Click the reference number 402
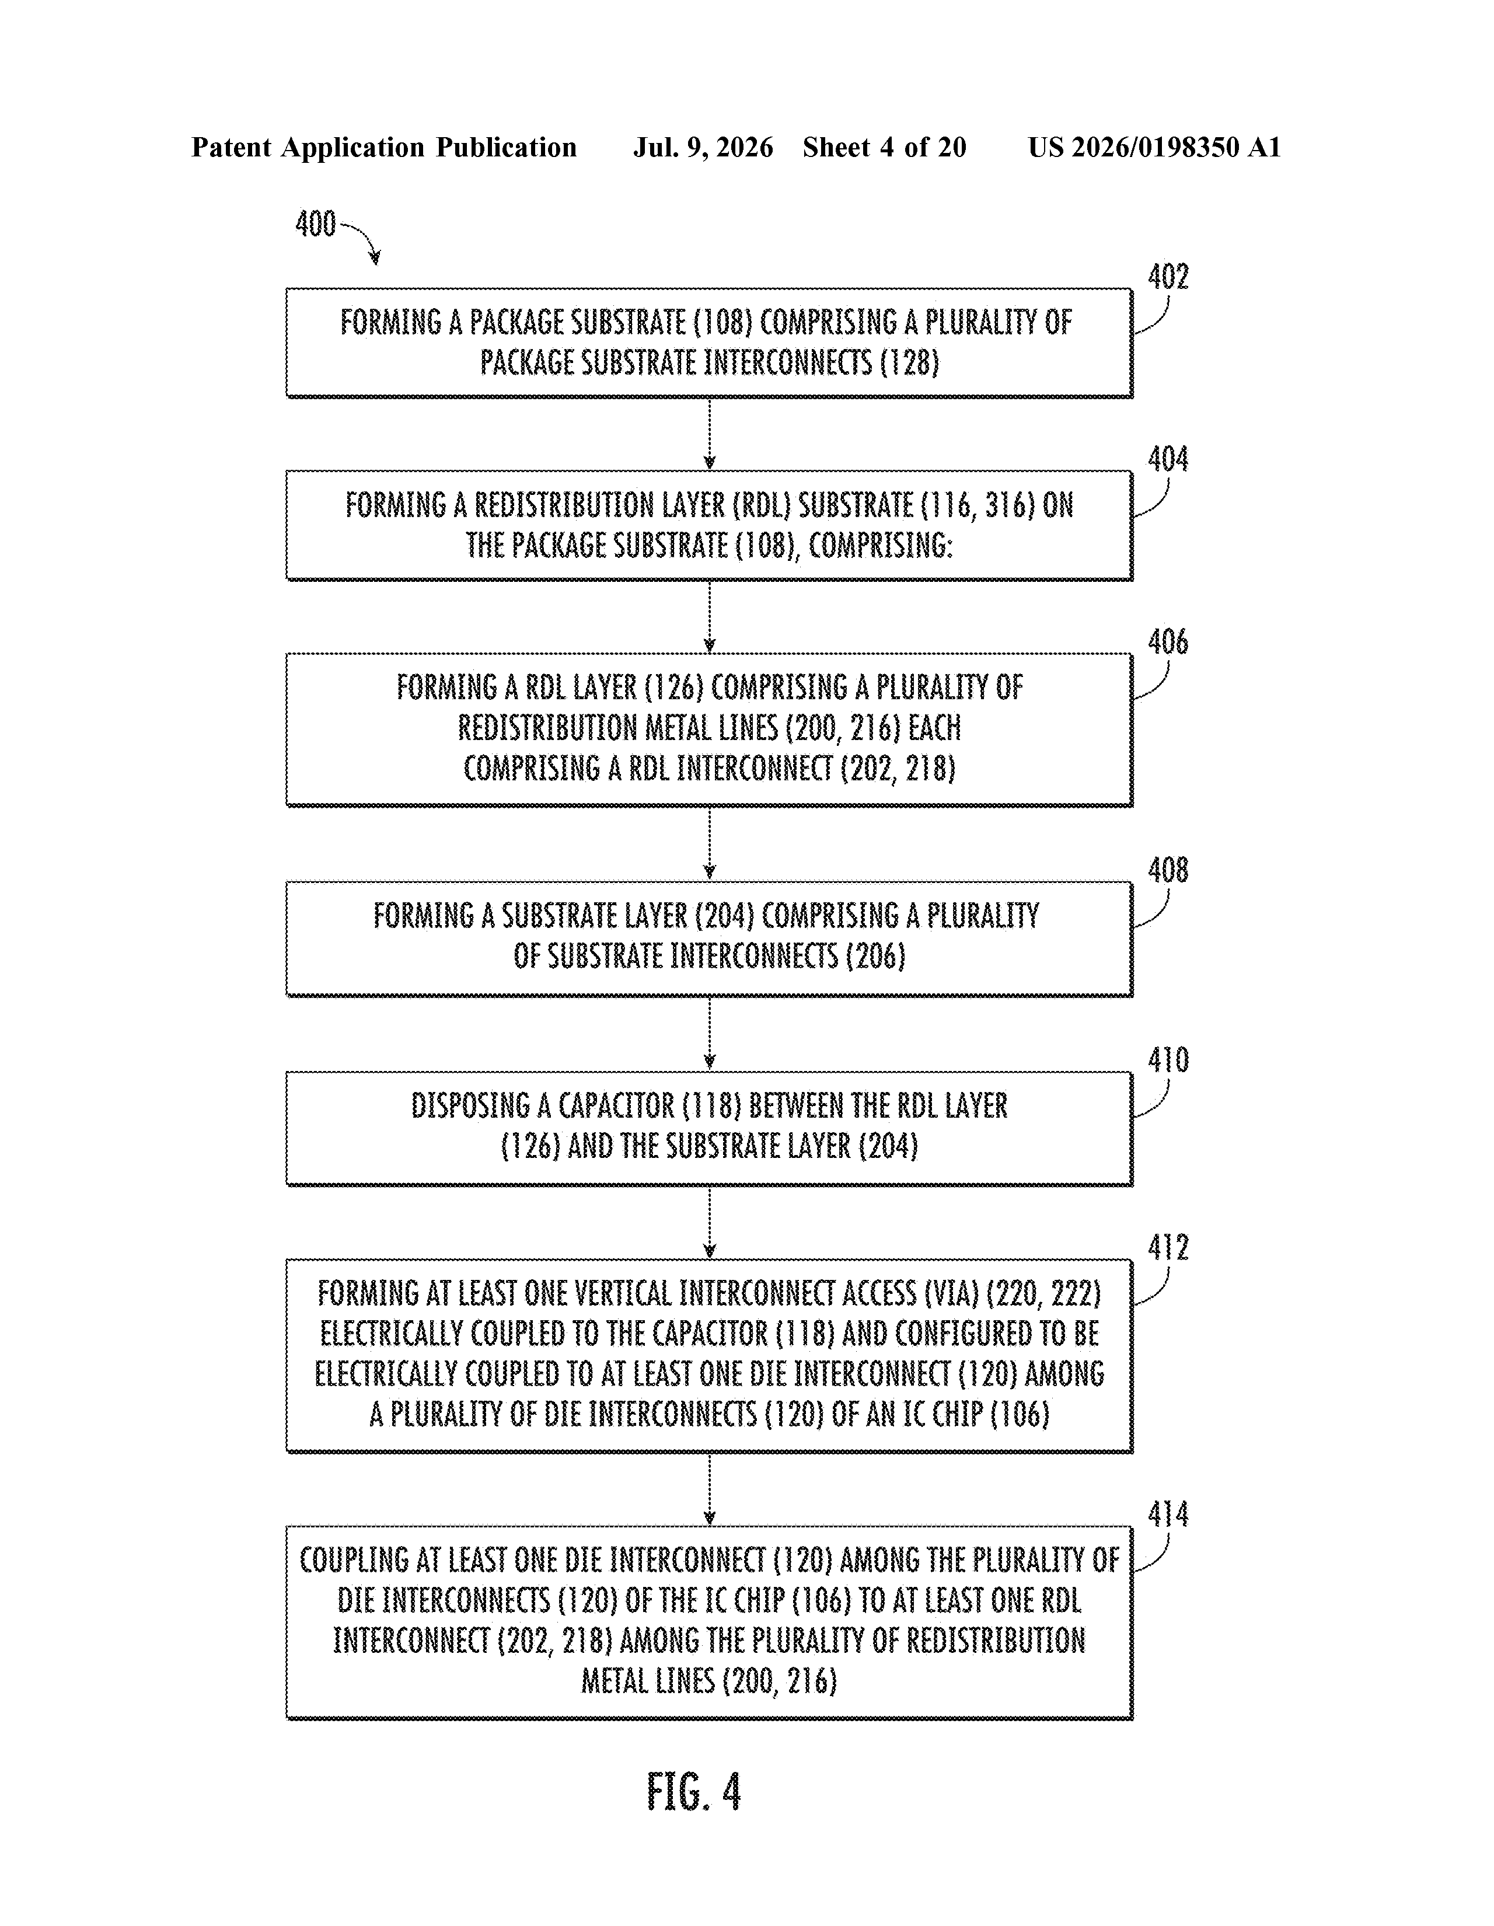pyautogui.click(x=1168, y=277)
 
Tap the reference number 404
pyautogui.click(x=1168, y=459)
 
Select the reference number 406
pyautogui.click(x=1168, y=642)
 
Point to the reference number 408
pyautogui.click(x=1168, y=870)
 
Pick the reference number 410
pyautogui.click(x=1168, y=1060)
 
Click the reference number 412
pyautogui.click(x=1168, y=1248)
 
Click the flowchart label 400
pyautogui.click(x=316, y=224)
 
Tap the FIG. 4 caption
pyautogui.click(x=694, y=1793)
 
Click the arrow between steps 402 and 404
pyautogui.click(x=710, y=434)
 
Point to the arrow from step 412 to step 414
pyautogui.click(x=710, y=1489)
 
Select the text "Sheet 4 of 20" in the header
pyautogui.click(x=885, y=147)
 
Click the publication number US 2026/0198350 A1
pyautogui.click(x=1154, y=147)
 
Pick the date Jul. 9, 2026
pyautogui.click(x=703, y=147)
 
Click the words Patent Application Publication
pyautogui.click(x=383, y=147)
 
